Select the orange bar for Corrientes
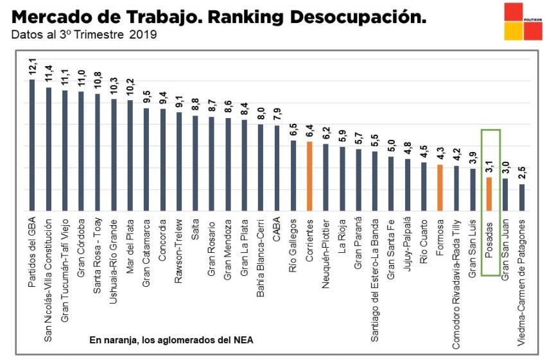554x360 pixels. (x=309, y=176)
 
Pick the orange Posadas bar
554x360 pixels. (x=489, y=194)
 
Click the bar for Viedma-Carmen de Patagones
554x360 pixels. (x=522, y=198)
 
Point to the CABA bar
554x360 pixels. (x=277, y=167)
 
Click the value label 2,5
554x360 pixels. (x=522, y=172)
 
